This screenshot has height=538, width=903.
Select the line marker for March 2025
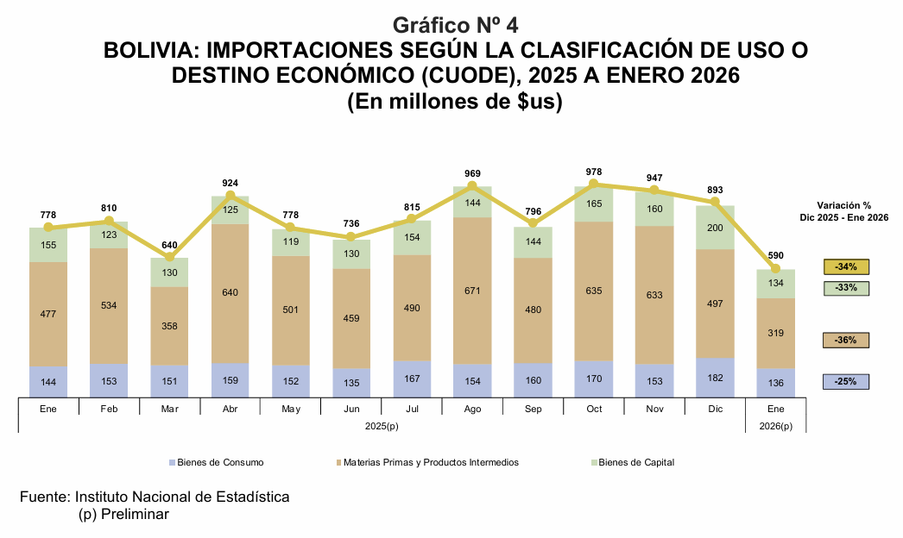coord(169,257)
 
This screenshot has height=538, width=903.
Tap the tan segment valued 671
coord(472,291)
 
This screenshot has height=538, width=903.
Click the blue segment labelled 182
coord(715,378)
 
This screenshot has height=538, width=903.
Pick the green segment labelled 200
coord(715,228)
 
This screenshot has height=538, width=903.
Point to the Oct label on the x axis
coord(594,409)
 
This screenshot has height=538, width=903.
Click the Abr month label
coord(230,409)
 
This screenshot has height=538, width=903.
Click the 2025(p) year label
coord(381,426)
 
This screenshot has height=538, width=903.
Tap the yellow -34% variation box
coord(846,266)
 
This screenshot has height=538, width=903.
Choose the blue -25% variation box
coord(846,382)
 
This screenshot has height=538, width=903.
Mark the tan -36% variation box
coord(846,341)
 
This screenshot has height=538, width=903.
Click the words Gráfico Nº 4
coord(455,24)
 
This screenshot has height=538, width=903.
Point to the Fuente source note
coord(155,497)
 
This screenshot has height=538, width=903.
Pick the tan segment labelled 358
coord(169,326)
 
